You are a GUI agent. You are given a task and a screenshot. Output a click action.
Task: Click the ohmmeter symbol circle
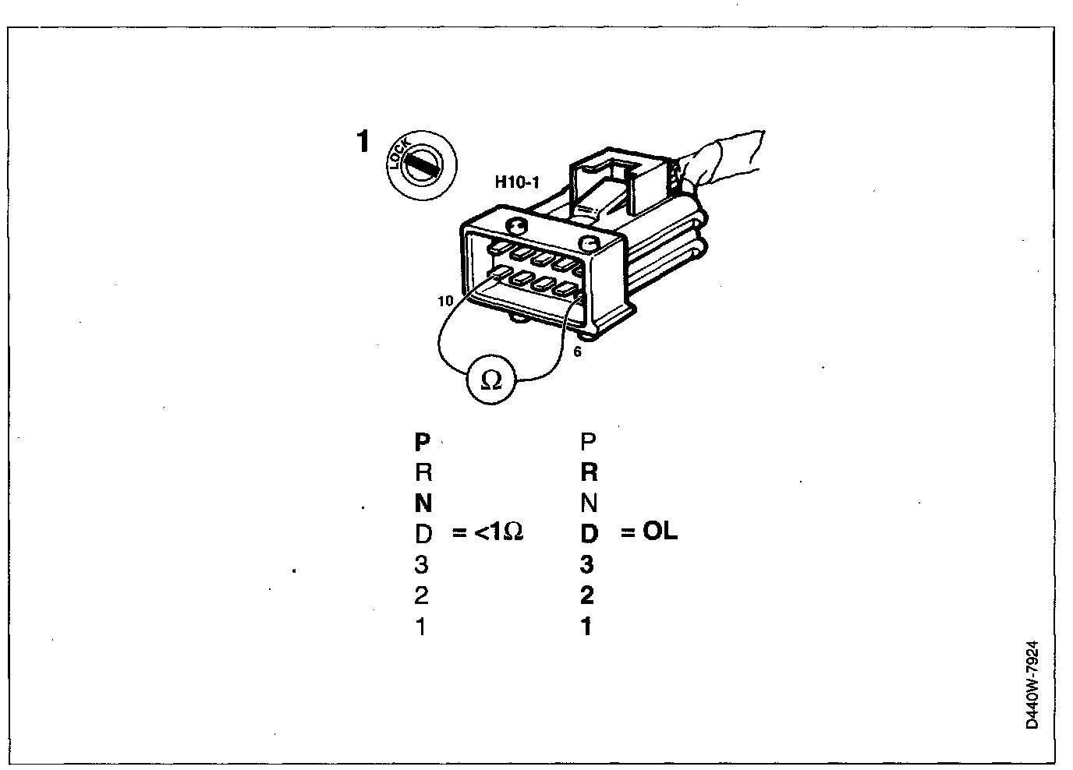(491, 380)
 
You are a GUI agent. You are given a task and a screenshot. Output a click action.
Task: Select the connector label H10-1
(517, 183)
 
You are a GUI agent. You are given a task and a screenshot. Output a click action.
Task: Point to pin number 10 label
(445, 301)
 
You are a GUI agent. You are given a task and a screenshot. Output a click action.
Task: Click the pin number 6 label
(577, 352)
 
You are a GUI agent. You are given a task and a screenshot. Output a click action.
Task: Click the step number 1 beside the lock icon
(362, 143)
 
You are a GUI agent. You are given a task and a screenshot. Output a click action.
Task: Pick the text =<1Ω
(487, 533)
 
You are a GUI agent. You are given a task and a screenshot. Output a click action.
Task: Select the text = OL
(649, 532)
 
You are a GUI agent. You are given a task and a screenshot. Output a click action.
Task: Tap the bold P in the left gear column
(422, 443)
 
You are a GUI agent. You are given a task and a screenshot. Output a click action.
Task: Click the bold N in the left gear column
(422, 503)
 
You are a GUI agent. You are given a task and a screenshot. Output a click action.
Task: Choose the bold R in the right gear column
(589, 472)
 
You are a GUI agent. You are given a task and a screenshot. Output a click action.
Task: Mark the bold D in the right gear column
(589, 534)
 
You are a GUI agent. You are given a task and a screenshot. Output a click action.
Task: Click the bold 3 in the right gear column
(587, 564)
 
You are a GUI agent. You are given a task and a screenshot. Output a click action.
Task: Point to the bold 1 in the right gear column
(586, 627)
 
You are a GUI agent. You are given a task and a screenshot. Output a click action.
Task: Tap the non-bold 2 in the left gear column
(422, 595)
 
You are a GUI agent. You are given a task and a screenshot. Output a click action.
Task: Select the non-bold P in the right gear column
(589, 442)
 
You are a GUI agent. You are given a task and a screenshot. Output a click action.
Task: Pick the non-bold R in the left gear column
(423, 473)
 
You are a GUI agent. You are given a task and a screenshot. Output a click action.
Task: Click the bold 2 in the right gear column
(587, 595)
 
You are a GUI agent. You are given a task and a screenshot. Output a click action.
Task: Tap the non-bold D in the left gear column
(423, 534)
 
